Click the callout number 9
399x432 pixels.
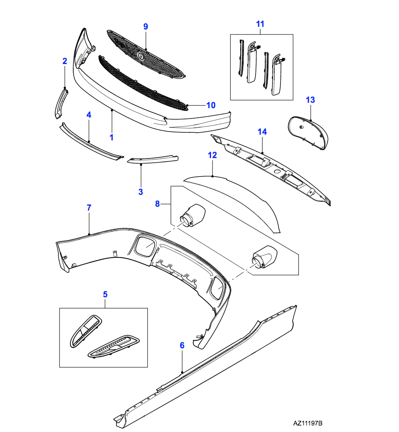tap(145, 26)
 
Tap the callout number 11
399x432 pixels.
tap(260, 24)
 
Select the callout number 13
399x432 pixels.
tap(310, 100)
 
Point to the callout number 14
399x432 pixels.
tap(262, 132)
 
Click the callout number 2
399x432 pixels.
tap(65, 61)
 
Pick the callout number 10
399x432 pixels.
tap(211, 105)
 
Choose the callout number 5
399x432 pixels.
tap(105, 294)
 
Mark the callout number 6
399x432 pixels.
tap(182, 345)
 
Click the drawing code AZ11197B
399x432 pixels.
tap(308, 423)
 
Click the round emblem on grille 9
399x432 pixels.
tap(141, 56)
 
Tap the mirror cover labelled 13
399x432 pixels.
tap(308, 133)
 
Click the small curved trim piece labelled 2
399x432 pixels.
tap(61, 103)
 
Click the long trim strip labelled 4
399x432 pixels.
tap(91, 142)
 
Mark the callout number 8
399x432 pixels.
tap(157, 204)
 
